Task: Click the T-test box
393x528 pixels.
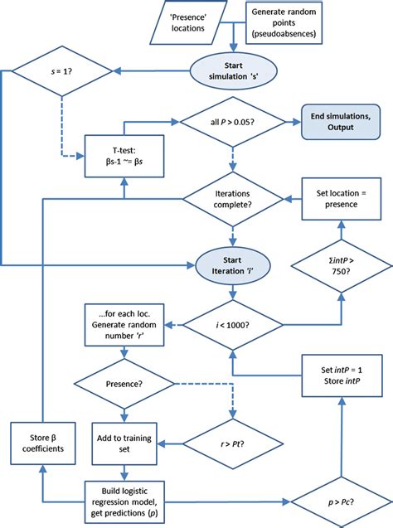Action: point(122,156)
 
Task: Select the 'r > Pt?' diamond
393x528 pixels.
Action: point(235,444)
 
